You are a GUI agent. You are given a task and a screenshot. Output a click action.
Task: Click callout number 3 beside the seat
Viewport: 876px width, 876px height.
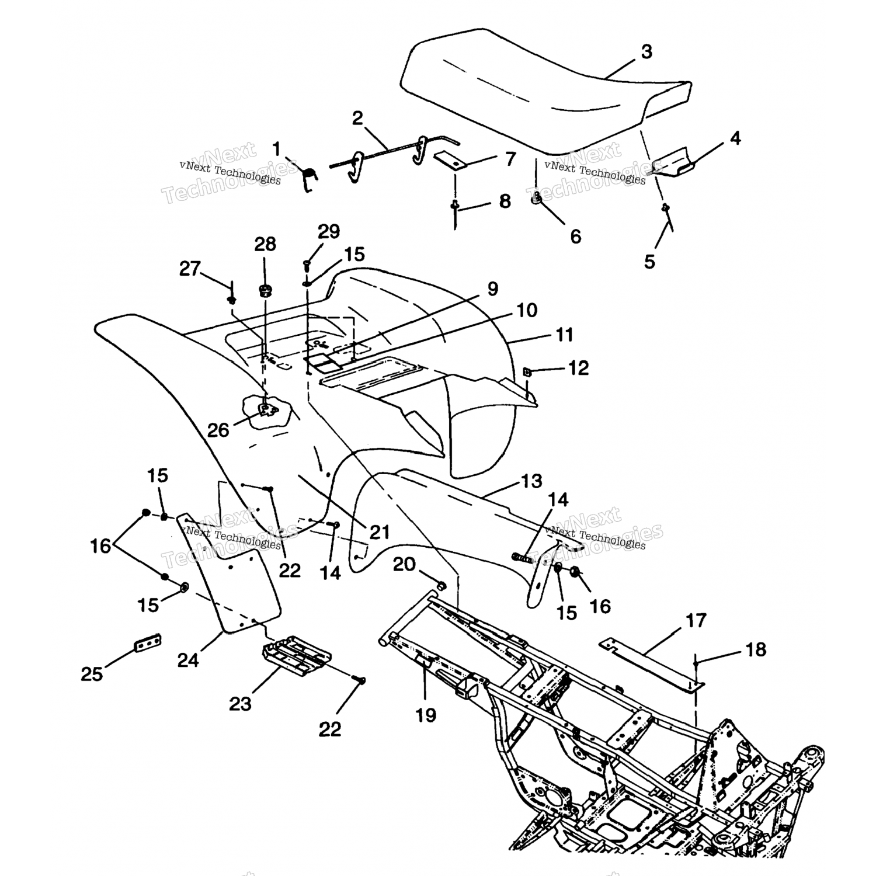(x=646, y=52)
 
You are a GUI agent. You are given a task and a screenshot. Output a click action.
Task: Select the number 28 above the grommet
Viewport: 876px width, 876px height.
(x=265, y=244)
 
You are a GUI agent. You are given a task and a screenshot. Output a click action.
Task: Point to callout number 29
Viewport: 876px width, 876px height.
(x=329, y=232)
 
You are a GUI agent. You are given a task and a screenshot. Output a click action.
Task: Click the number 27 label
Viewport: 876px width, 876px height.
(x=190, y=269)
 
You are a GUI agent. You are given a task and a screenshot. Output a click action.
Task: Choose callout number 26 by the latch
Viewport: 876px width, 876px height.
(x=218, y=430)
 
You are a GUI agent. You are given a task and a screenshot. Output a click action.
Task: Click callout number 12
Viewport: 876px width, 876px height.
(x=578, y=369)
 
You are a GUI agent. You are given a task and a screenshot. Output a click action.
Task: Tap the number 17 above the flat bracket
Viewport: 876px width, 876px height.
(x=696, y=620)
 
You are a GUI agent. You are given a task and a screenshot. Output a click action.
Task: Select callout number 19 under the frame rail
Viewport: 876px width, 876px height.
(x=426, y=715)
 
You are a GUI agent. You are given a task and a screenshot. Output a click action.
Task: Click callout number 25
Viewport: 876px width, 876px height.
(x=92, y=675)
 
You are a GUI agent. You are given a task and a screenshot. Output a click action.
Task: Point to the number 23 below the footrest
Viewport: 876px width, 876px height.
(x=240, y=704)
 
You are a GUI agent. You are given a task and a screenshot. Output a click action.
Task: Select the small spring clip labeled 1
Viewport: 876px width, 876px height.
(x=311, y=176)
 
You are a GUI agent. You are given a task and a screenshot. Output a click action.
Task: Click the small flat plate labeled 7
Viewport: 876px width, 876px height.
(x=450, y=161)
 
